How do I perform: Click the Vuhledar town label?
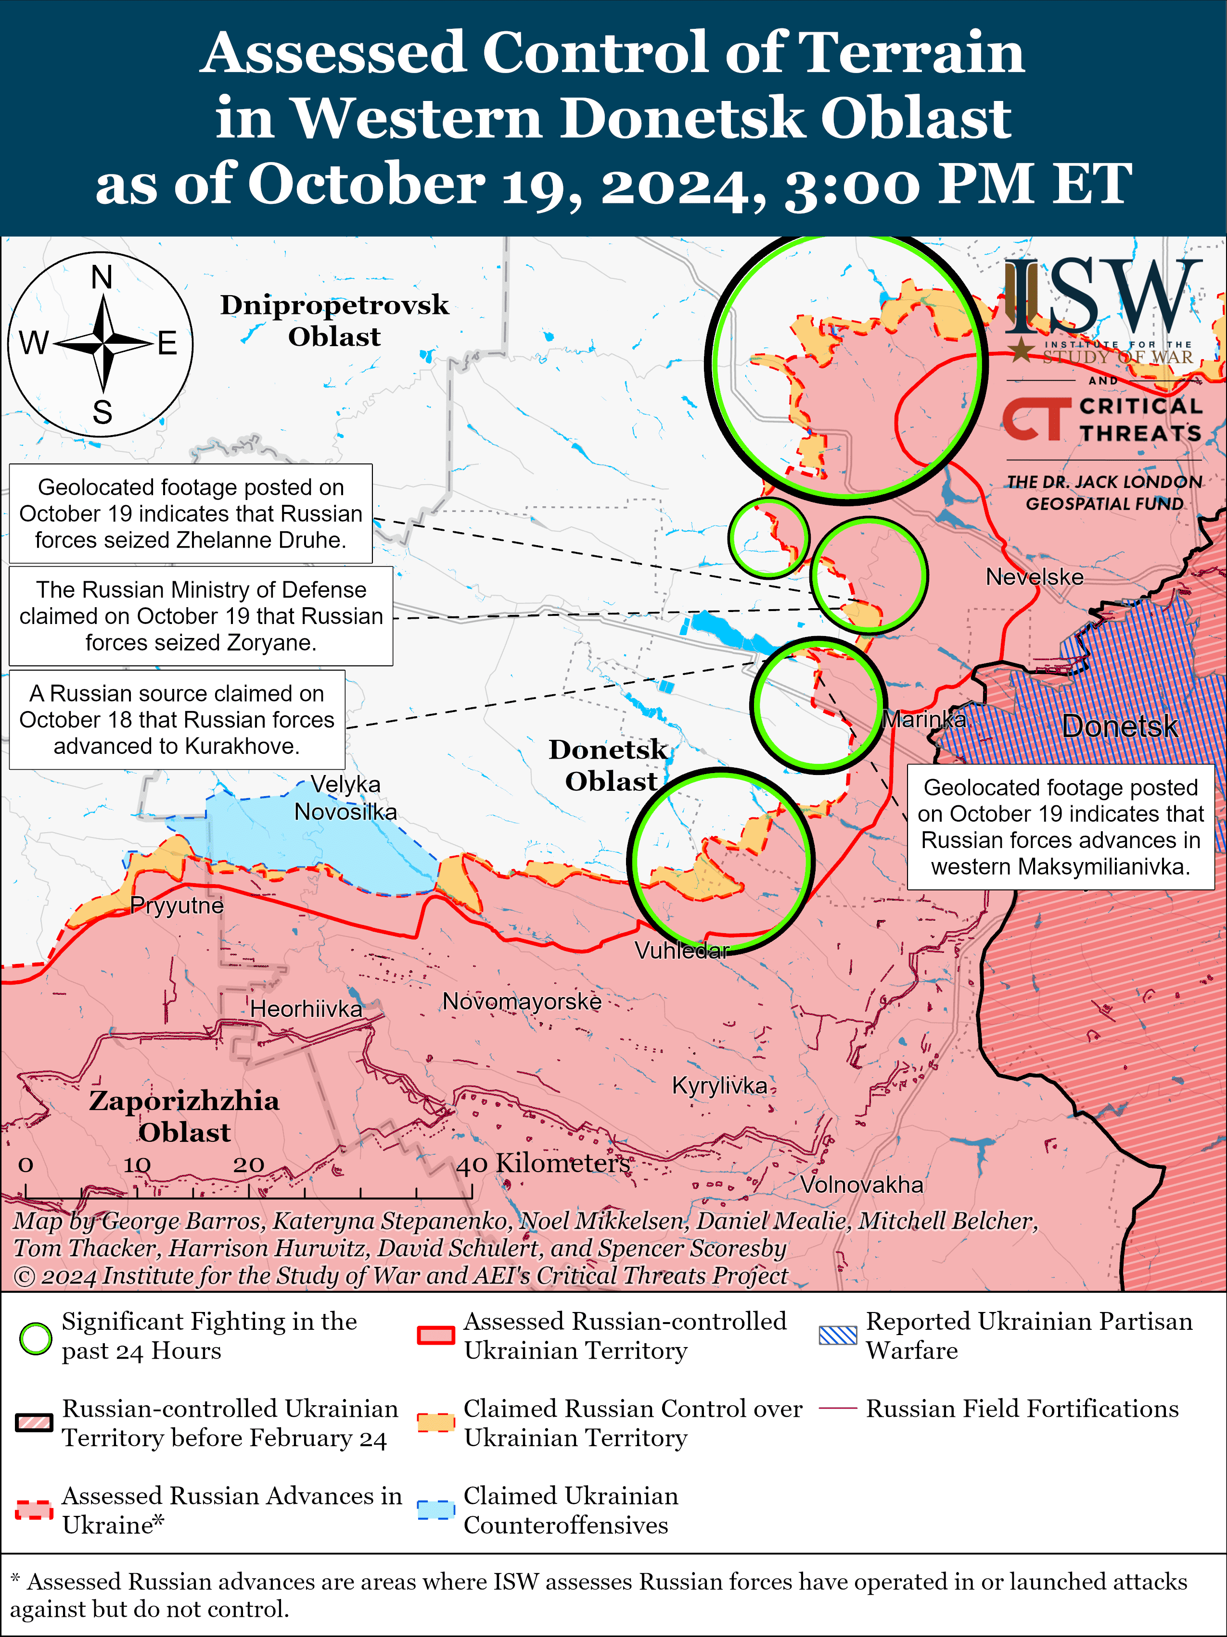coord(681,950)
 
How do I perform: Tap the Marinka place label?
coord(925,719)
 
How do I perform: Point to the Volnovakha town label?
coord(861,1185)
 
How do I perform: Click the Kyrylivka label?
coord(719,1086)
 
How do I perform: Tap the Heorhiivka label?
coord(306,1009)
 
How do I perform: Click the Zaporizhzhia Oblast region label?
coord(184,1116)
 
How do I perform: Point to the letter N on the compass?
coord(102,277)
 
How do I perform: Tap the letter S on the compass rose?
coord(102,412)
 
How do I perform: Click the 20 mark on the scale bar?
coord(248,1165)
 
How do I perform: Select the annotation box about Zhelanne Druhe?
coord(191,513)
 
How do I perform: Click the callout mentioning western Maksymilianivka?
coord(1061,826)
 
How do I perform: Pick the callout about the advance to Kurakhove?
coord(177,719)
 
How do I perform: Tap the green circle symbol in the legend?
coord(35,1338)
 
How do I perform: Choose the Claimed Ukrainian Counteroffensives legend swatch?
coord(435,1510)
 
